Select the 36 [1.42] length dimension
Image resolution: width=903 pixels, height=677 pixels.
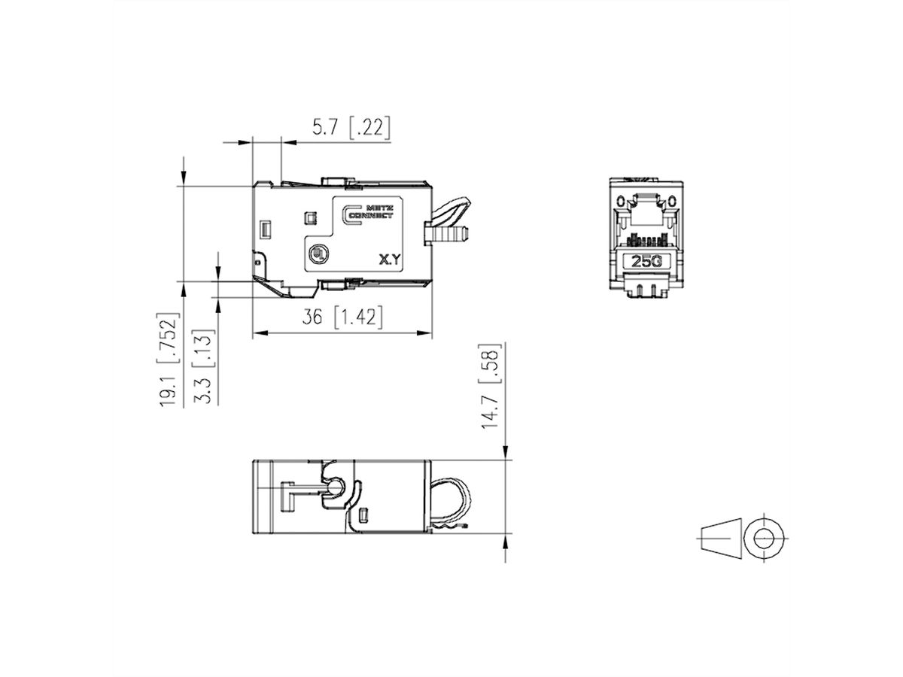click(x=342, y=317)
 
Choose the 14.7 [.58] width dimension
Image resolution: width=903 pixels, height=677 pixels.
click(x=491, y=386)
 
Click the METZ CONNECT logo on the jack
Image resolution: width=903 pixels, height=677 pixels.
click(x=367, y=213)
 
